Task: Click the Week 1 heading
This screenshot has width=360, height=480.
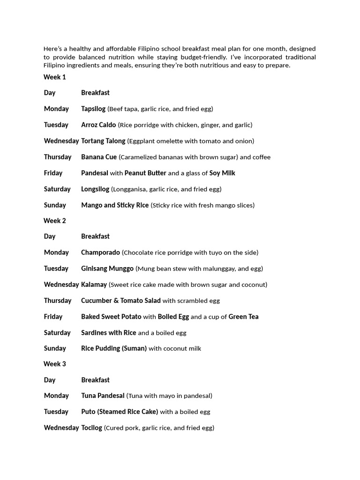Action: click(55, 77)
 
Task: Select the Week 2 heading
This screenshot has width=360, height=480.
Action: click(55, 221)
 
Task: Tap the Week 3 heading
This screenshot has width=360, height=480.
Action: click(55, 364)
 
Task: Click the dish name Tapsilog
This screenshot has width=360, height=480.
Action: click(93, 109)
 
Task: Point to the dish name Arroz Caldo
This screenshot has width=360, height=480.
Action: click(98, 125)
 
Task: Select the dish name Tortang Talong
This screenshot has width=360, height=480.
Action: click(103, 141)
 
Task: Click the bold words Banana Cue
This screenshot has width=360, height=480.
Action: click(99, 157)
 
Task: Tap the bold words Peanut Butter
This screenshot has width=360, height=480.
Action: click(145, 173)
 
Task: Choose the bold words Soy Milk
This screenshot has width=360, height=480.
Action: click(222, 173)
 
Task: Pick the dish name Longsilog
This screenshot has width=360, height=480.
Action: click(95, 189)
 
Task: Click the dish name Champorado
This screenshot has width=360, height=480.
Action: click(100, 252)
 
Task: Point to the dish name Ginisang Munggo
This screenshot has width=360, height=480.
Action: click(107, 269)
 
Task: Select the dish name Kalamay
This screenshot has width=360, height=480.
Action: click(94, 285)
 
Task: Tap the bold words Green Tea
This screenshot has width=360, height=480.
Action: click(243, 316)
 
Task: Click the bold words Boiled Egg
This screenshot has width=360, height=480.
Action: click(173, 316)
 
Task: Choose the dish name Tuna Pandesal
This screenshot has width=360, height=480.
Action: click(103, 396)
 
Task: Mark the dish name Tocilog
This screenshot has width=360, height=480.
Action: click(91, 427)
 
